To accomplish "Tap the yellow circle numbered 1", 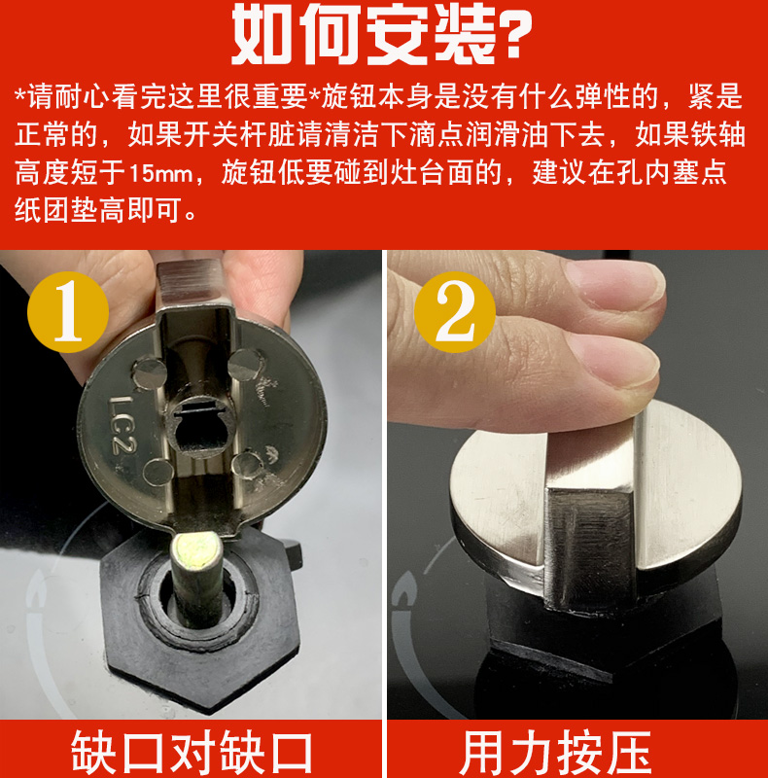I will click(x=67, y=313).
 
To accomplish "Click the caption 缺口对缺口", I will click(x=192, y=751).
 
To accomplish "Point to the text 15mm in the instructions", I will click(x=152, y=176).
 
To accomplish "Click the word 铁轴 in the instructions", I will click(x=717, y=136).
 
